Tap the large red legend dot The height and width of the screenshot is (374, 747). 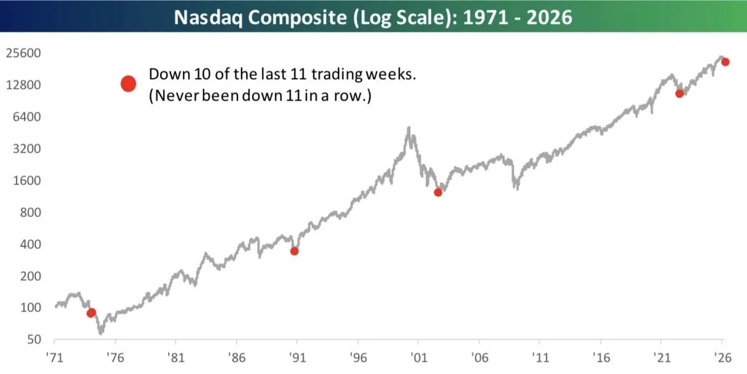(x=128, y=84)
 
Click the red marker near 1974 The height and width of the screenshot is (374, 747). (x=91, y=313)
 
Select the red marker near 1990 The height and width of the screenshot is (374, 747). (x=294, y=251)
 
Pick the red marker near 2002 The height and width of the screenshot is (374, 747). (x=438, y=193)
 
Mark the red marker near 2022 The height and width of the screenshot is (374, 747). (x=679, y=94)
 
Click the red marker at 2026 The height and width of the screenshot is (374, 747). (x=725, y=62)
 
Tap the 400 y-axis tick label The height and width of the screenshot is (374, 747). (x=29, y=245)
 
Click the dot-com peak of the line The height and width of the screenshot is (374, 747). (x=409, y=128)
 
